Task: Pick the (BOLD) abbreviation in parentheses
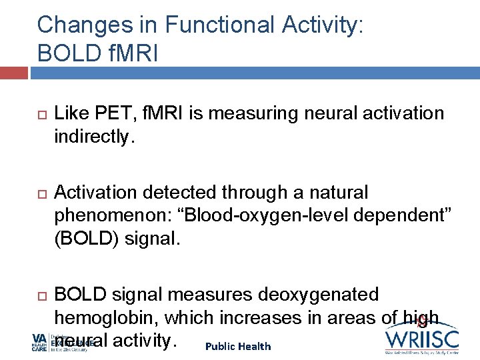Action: pyautogui.click(x=84, y=239)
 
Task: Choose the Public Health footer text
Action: pyautogui.click(x=238, y=346)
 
